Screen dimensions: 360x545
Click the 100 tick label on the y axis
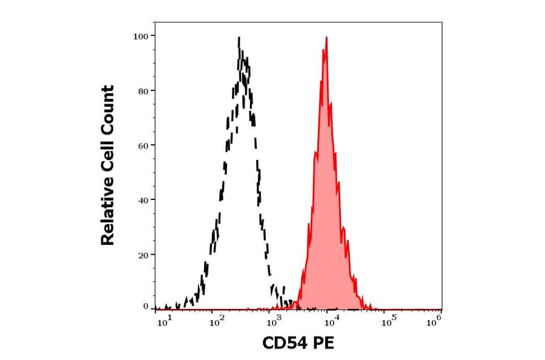[x=140, y=36]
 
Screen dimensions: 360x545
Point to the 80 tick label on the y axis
[x=142, y=91]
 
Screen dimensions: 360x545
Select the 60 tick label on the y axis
[x=142, y=145]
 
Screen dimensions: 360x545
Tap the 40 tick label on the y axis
[x=142, y=200]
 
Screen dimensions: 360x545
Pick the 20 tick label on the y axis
[x=142, y=255]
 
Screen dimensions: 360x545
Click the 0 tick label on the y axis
[x=145, y=307]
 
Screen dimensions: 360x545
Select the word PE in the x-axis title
[x=322, y=344]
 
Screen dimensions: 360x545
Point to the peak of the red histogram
[x=326, y=38]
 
